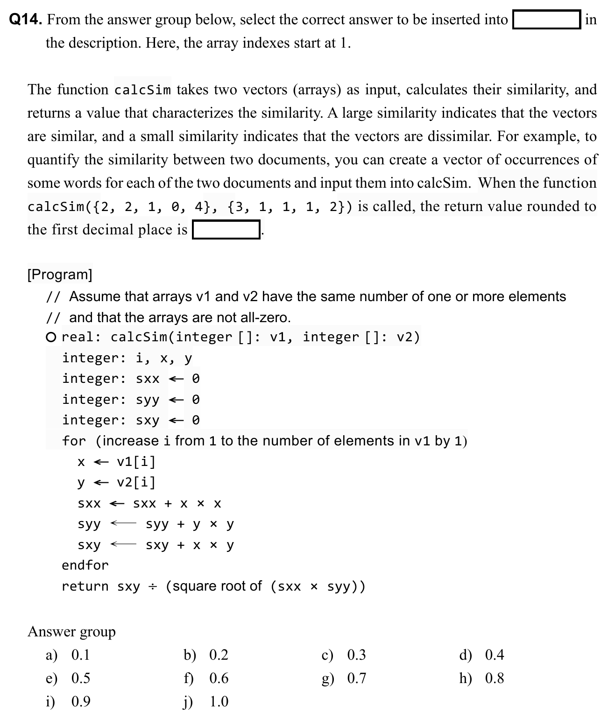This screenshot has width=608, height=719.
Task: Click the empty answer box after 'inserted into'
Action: click(x=546, y=20)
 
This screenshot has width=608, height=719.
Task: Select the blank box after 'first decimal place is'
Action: click(x=226, y=230)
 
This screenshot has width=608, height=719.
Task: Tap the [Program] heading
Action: click(x=60, y=274)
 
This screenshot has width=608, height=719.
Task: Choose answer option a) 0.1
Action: click(x=68, y=655)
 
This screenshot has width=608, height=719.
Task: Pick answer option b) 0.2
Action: click(x=205, y=655)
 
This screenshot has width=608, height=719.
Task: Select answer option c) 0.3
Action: click(x=344, y=655)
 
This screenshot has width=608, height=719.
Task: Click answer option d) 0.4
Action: click(x=482, y=655)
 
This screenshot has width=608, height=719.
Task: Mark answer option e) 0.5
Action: click(x=68, y=678)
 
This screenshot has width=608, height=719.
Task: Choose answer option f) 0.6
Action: click(x=205, y=678)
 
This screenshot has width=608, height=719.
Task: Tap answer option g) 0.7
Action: click(x=344, y=678)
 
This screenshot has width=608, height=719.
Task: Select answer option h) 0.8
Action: click(x=482, y=678)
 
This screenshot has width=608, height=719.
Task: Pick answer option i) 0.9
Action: click(x=68, y=701)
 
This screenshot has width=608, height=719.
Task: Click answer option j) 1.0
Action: click(x=205, y=701)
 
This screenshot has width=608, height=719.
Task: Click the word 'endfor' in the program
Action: click(x=85, y=565)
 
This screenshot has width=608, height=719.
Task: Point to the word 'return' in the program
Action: click(x=85, y=586)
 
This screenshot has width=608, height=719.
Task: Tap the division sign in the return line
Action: click(x=153, y=586)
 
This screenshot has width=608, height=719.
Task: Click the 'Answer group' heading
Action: click(x=71, y=632)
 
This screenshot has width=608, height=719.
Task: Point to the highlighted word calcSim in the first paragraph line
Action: click(x=142, y=90)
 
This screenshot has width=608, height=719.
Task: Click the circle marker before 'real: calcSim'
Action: click(x=52, y=337)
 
